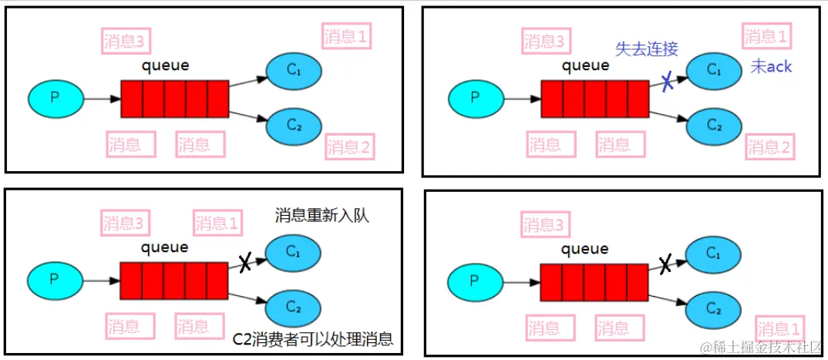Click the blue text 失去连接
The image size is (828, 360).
pos(646,49)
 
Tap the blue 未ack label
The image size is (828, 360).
pos(771,67)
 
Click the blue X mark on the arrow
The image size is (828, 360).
pos(668,82)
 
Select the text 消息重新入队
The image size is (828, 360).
pos(321,216)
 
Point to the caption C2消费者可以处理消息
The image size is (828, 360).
pos(312,338)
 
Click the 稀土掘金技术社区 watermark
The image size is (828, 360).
pos(764,348)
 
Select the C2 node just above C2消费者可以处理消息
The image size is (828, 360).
pos(293,307)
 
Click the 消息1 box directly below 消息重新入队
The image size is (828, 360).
pos(217,224)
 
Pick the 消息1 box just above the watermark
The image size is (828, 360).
pos(779,326)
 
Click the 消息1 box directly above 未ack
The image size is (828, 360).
pos(766,36)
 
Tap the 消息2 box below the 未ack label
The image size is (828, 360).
pos(769,147)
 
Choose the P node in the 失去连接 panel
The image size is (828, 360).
pos(475,98)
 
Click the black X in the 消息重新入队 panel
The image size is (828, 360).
pos(245,263)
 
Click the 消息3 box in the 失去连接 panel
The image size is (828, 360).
pos(547,40)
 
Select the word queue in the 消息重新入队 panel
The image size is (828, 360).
pos(164,247)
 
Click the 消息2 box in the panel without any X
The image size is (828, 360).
pos(349,146)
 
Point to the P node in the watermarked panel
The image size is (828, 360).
pos(475,280)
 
